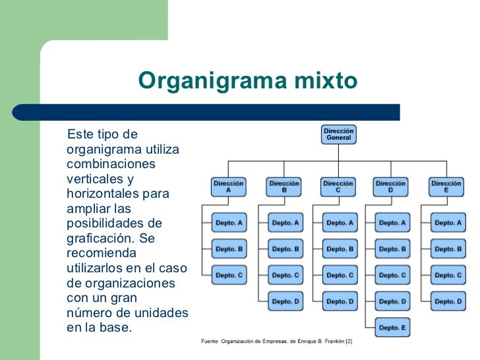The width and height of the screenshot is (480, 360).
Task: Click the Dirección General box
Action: pyautogui.click(x=339, y=134)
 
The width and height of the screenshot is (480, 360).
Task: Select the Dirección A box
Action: pyautogui.click(x=229, y=187)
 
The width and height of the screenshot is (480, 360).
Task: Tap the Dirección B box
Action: pyautogui.click(x=285, y=187)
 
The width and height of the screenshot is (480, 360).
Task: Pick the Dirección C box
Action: pyautogui.click(x=339, y=187)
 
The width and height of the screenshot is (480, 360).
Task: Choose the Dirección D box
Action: pyautogui.click(x=392, y=187)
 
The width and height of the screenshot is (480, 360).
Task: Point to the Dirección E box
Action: pyautogui.click(x=446, y=187)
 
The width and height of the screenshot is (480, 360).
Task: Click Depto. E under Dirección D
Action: pyautogui.click(x=393, y=327)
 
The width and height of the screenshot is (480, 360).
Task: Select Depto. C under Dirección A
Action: pyautogui.click(x=229, y=275)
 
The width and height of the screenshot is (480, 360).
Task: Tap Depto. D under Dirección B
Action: pyautogui.click(x=285, y=301)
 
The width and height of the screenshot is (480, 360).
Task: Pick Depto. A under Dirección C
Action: pyautogui.click(x=340, y=223)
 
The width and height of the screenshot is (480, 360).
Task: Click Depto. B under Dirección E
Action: pyautogui.click(x=448, y=249)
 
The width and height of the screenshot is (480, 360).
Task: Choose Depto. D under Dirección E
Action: pyautogui.click(x=448, y=301)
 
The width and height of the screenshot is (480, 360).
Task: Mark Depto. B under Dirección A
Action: pyautogui.click(x=229, y=249)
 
